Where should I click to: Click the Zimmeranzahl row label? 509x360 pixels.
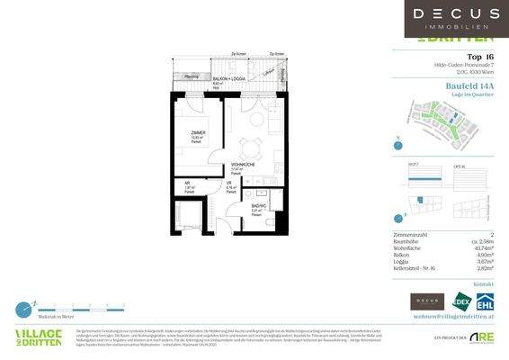pyautogui.click(x=412, y=234)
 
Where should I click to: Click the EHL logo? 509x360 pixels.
pyautogui.click(x=484, y=302)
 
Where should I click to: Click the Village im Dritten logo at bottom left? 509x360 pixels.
pyautogui.click(x=38, y=338)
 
